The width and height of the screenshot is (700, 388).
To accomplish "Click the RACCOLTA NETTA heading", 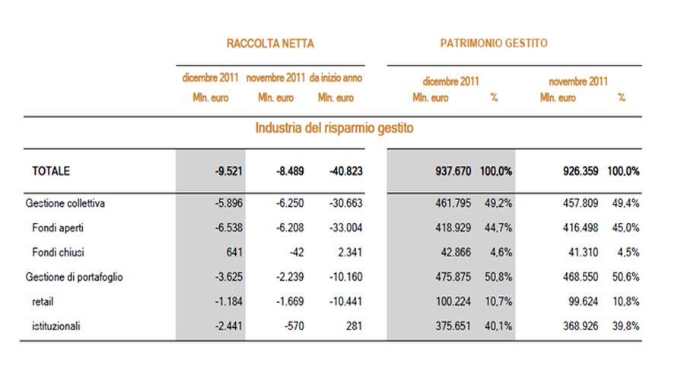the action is pyautogui.click(x=270, y=43).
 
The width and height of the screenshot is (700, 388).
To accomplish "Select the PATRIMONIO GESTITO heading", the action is pyautogui.click(x=494, y=43).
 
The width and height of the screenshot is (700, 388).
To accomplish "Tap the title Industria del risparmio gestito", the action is pyautogui.click(x=334, y=128).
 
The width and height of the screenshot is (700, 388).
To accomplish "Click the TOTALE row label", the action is pyautogui.click(x=51, y=171).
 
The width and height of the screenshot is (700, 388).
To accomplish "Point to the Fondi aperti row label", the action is pyautogui.click(x=58, y=227).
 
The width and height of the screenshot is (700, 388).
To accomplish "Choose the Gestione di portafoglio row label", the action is pyautogui.click(x=74, y=277).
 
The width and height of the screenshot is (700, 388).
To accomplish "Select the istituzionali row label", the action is pyautogui.click(x=56, y=326).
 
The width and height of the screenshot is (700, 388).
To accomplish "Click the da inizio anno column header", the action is pyautogui.click(x=336, y=78).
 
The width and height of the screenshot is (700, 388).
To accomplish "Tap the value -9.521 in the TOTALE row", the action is pyautogui.click(x=228, y=171).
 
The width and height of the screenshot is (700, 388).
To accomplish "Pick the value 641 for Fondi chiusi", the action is pyautogui.click(x=234, y=253).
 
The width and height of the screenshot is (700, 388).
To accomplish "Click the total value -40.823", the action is pyautogui.click(x=346, y=171).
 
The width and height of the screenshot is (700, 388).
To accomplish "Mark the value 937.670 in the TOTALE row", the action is pyautogui.click(x=453, y=171).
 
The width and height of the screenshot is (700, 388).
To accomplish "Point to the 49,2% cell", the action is pyautogui.click(x=498, y=203).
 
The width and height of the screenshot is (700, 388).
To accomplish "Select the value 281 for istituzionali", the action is pyautogui.click(x=354, y=326).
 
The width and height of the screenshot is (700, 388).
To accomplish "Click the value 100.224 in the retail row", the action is pyautogui.click(x=453, y=301).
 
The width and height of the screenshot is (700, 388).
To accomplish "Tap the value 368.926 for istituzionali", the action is pyautogui.click(x=581, y=326).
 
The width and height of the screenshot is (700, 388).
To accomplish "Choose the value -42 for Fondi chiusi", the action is pyautogui.click(x=297, y=253).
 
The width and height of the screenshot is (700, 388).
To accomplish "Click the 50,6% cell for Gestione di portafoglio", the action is pyautogui.click(x=625, y=277).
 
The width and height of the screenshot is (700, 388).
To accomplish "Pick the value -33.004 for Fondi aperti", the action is pyautogui.click(x=346, y=227).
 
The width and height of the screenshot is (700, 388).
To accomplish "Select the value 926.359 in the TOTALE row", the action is pyautogui.click(x=581, y=171).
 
